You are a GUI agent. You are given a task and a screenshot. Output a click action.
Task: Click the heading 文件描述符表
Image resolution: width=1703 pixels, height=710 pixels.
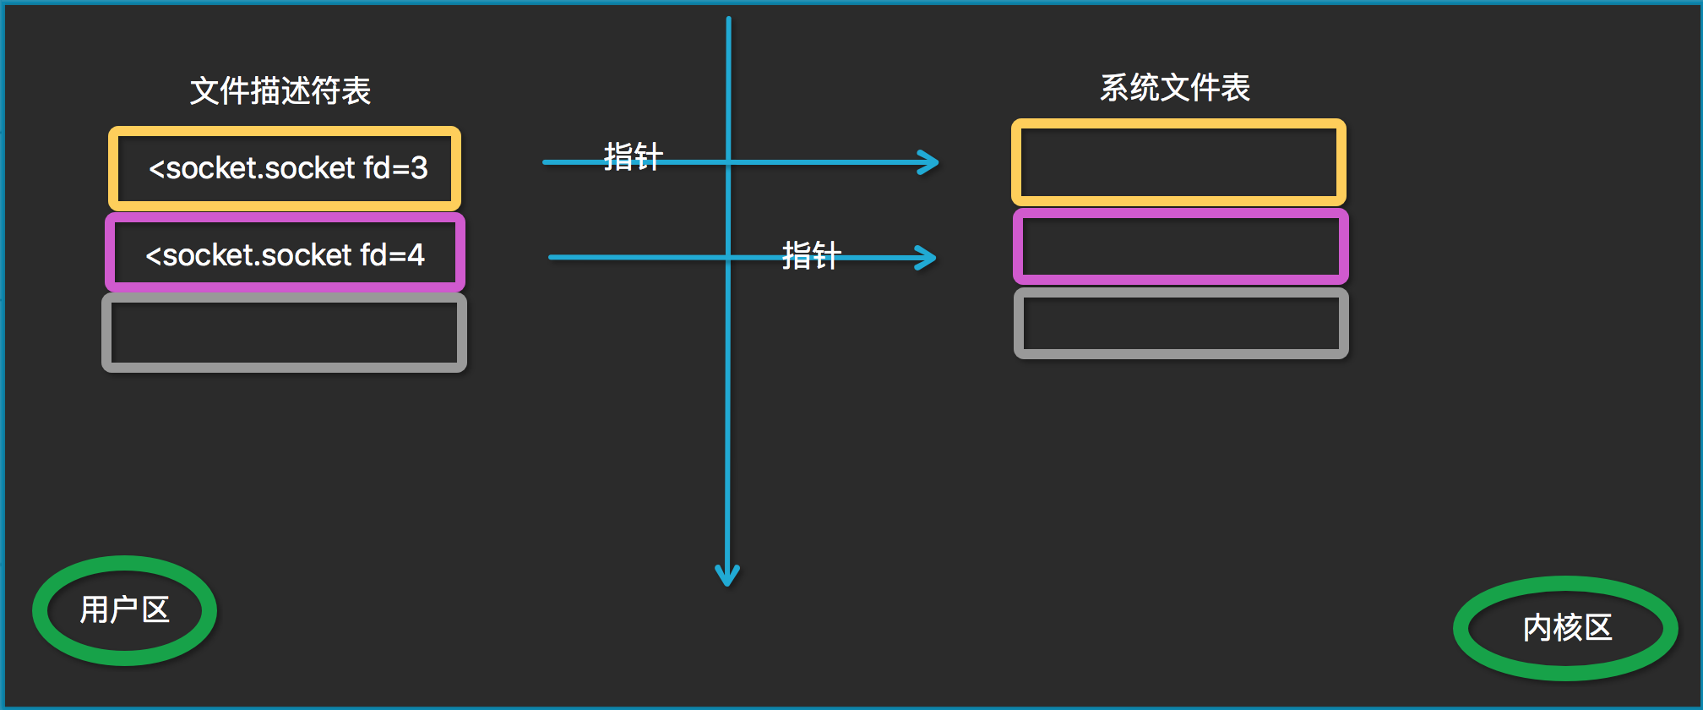pyautogui.click(x=280, y=90)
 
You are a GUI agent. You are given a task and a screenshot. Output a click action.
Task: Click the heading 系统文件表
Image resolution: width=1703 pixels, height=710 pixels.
pyautogui.click(x=1174, y=87)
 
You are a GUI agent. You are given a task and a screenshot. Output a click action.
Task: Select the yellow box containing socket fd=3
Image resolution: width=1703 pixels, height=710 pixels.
pyautogui.click(x=285, y=168)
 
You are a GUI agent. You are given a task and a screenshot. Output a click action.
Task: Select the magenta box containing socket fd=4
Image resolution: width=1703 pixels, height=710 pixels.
pyautogui.click(x=285, y=253)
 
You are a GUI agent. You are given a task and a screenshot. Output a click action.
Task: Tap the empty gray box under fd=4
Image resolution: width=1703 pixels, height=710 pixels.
pyautogui.click(x=285, y=332)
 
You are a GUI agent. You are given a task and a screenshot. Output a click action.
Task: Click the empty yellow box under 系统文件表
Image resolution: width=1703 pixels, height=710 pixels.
pyautogui.click(x=1178, y=162)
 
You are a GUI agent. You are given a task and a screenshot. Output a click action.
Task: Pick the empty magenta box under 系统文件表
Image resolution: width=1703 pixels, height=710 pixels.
pyautogui.click(x=1180, y=246)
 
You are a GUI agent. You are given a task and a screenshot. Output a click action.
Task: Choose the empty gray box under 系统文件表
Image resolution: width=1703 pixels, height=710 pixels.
pyautogui.click(x=1180, y=323)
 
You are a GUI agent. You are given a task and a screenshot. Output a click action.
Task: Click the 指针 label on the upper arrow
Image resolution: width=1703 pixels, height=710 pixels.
pyautogui.click(x=633, y=156)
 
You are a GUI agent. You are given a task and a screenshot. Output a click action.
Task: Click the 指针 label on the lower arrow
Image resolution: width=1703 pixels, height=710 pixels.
pyautogui.click(x=811, y=254)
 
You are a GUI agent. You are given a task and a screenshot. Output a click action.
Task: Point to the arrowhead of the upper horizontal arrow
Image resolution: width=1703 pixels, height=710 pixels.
pyautogui.click(x=931, y=162)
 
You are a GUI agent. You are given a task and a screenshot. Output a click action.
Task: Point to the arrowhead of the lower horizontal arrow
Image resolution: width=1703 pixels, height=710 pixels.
pyautogui.click(x=928, y=258)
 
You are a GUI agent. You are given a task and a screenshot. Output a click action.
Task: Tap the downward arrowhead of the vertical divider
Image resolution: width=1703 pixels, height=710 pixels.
pyautogui.click(x=727, y=576)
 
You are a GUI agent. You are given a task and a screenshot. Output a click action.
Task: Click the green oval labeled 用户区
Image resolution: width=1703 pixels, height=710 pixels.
pyautogui.click(x=125, y=610)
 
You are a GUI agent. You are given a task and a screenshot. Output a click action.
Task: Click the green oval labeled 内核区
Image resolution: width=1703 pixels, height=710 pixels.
pyautogui.click(x=1566, y=628)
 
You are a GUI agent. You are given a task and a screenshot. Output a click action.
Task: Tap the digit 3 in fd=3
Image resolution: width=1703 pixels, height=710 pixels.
pyautogui.click(x=419, y=168)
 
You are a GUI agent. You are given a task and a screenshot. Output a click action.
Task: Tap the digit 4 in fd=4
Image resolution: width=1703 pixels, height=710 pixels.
pyautogui.click(x=416, y=254)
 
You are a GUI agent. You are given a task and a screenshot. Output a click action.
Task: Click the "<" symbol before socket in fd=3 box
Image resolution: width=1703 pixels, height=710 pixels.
pyautogui.click(x=156, y=169)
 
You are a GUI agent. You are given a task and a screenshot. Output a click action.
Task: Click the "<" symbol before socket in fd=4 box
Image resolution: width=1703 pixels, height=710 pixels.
pyautogui.click(x=153, y=255)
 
